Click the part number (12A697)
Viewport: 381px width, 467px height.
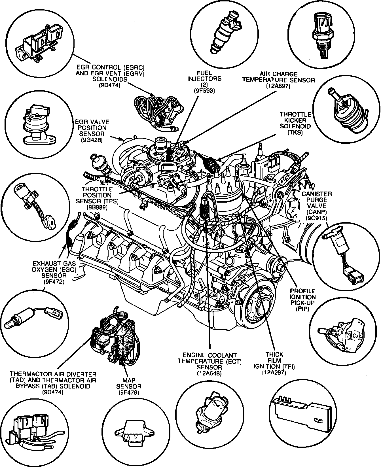tap(278, 87)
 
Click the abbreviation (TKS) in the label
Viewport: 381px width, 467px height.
tap(295, 133)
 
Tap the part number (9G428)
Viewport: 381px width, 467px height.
tap(91, 140)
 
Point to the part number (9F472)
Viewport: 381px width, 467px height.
tap(54, 282)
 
